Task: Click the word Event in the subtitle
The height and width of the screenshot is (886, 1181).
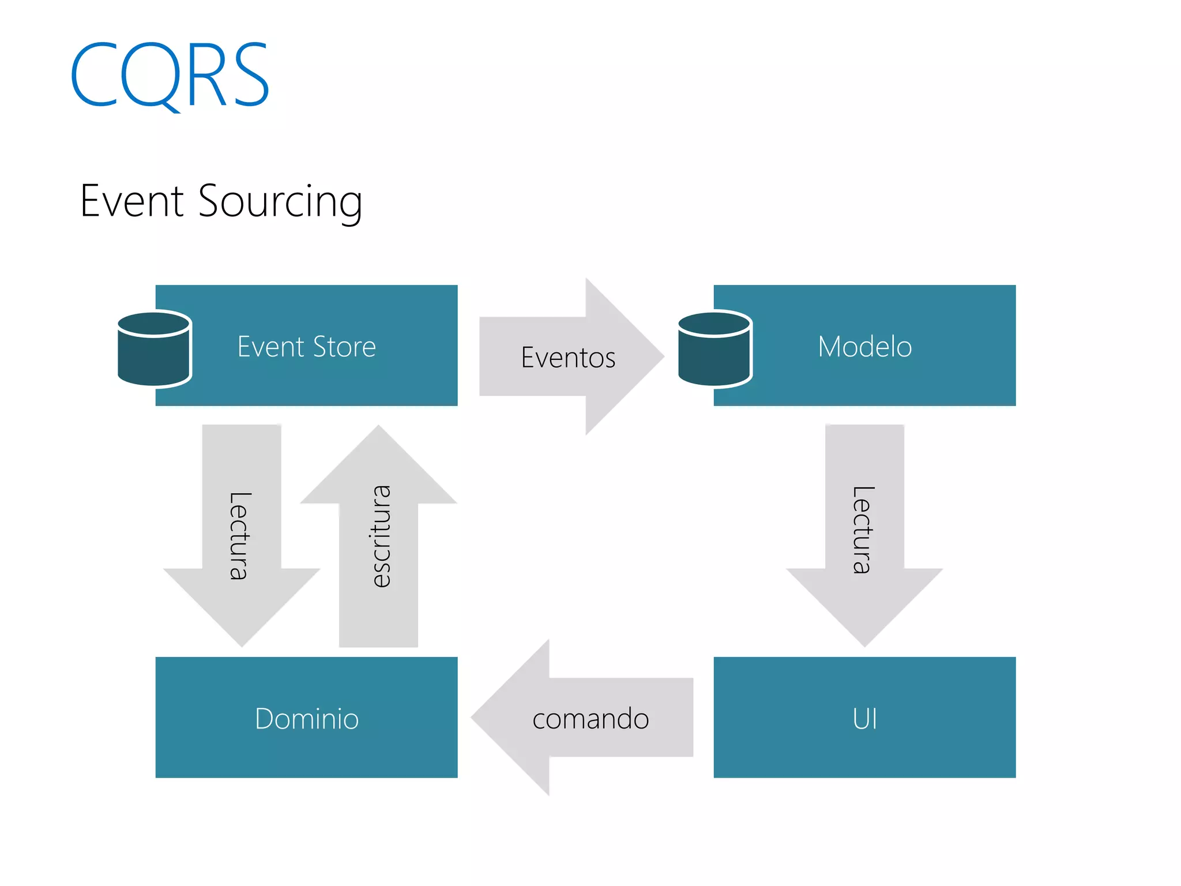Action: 132,201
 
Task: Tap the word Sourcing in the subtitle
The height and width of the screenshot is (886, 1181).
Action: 280,202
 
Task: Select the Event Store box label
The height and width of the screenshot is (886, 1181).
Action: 306,347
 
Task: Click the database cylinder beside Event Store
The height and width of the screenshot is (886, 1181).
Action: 154,349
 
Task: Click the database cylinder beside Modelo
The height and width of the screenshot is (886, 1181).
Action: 714,349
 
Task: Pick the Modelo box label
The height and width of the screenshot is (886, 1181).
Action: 864,347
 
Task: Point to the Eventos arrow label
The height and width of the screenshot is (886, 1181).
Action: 568,358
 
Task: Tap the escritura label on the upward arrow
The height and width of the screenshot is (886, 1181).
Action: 380,536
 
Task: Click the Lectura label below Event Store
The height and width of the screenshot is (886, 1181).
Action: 239,536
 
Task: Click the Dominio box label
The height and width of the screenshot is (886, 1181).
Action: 306,719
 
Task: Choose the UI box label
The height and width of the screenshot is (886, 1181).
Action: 864,719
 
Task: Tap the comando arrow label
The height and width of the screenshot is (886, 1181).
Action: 590,719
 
